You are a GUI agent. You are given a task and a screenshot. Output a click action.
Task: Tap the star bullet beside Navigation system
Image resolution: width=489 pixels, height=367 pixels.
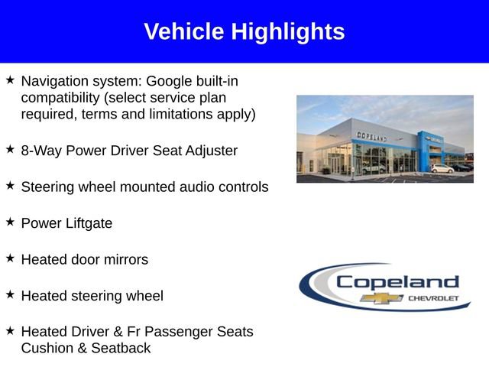tap(10, 80)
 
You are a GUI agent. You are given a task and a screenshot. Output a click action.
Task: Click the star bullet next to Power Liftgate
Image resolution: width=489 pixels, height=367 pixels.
tap(10, 222)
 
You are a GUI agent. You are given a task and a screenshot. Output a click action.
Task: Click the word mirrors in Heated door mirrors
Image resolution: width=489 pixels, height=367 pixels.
tap(124, 259)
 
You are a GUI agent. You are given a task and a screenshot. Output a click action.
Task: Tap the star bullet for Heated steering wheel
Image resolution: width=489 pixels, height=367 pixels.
tap(10, 294)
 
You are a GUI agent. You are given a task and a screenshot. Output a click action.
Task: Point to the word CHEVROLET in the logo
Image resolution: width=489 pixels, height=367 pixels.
tap(434, 298)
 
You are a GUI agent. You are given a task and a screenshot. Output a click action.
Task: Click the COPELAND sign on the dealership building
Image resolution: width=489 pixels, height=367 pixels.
tap(371, 136)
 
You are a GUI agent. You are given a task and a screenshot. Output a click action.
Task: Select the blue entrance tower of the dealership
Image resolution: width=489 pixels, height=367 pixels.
tap(425, 149)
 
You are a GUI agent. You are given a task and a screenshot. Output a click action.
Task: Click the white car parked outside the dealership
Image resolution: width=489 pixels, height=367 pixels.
tap(442, 168)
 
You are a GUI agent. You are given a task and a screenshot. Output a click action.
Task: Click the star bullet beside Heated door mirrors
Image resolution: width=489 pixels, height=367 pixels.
tap(10, 258)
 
